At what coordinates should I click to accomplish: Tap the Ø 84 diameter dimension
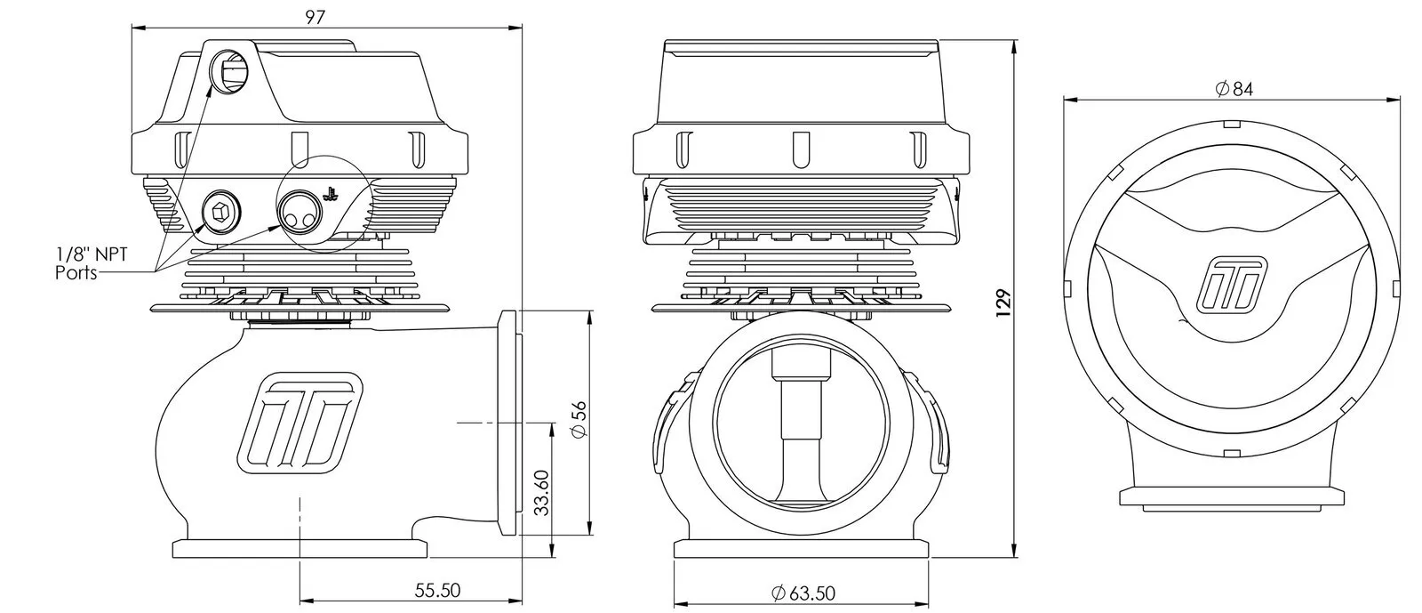tap(1234, 89)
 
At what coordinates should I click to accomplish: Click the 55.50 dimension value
tap(437, 590)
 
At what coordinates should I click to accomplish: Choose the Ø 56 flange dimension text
tap(579, 419)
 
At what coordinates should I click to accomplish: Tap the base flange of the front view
tap(802, 548)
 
